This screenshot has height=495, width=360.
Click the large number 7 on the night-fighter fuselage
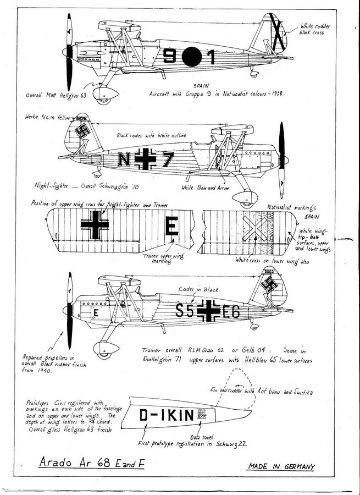167,159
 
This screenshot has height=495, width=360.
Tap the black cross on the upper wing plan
95,226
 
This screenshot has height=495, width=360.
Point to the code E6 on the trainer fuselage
231,312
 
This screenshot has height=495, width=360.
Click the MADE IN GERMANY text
281,466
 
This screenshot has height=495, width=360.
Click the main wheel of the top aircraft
103,98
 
